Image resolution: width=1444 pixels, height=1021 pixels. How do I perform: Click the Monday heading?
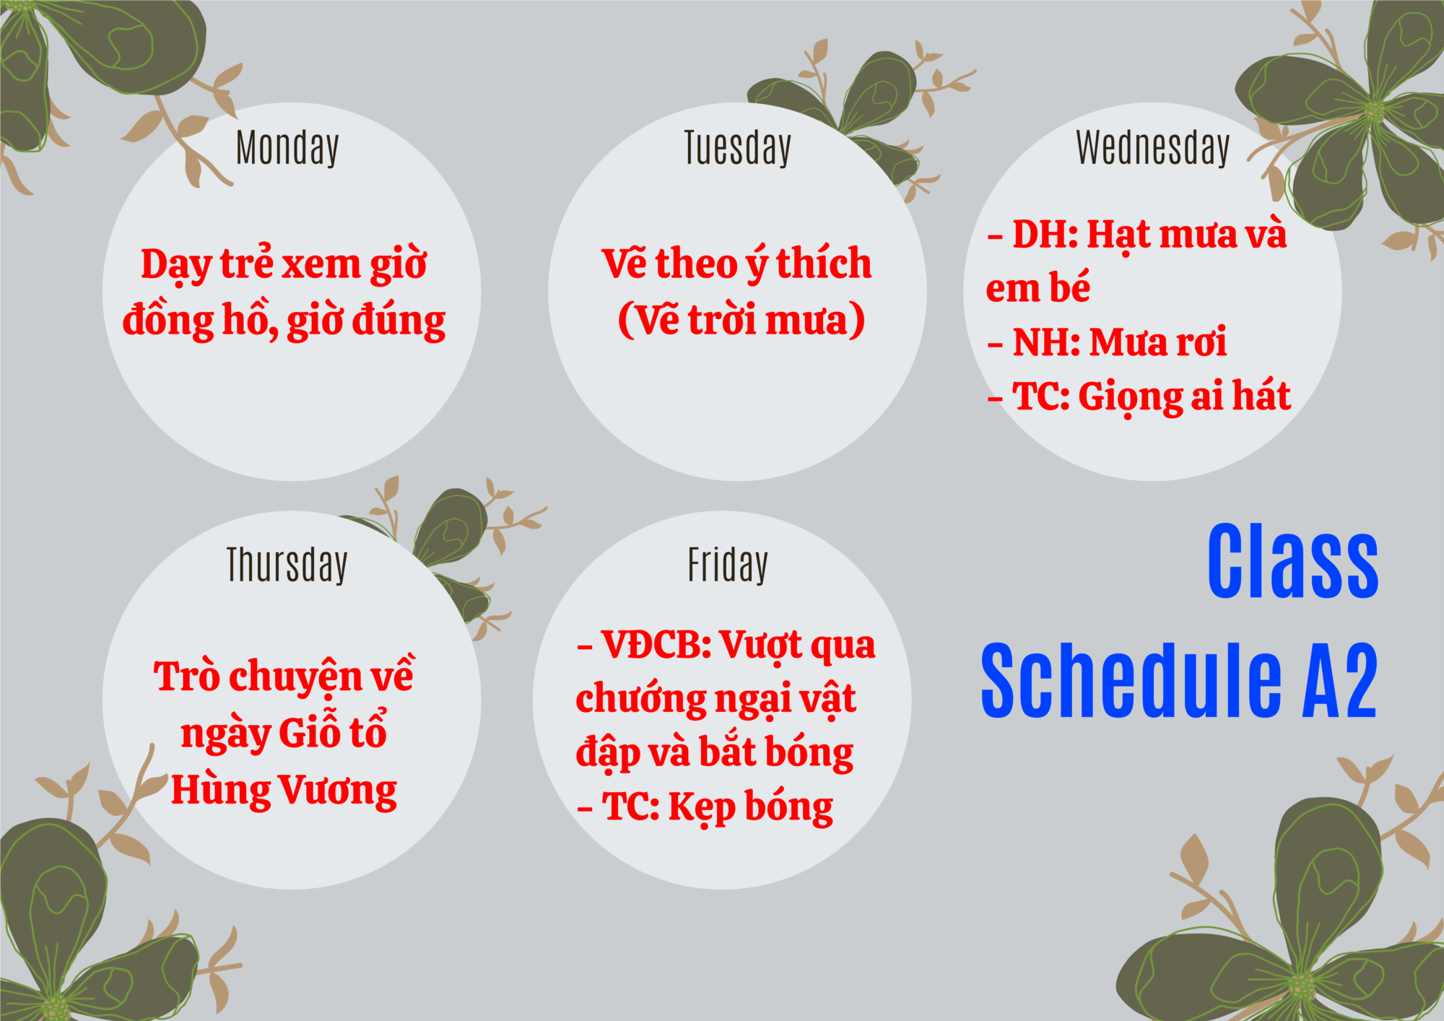click(x=287, y=148)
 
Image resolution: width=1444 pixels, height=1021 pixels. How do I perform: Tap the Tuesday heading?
click(x=737, y=148)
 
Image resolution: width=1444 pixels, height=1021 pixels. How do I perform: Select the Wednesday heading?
click(x=1152, y=148)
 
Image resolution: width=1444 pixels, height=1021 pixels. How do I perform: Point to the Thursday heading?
click(x=287, y=565)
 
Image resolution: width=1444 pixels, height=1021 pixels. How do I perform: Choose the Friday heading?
click(x=728, y=565)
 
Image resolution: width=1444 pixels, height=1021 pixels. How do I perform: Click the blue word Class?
click(x=1292, y=561)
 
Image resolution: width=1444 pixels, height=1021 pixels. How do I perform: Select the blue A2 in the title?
click(x=1340, y=680)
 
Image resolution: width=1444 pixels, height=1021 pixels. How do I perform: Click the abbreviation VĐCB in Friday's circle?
click(x=656, y=645)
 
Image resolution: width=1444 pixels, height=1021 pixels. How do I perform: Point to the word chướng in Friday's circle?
click(x=641, y=699)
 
